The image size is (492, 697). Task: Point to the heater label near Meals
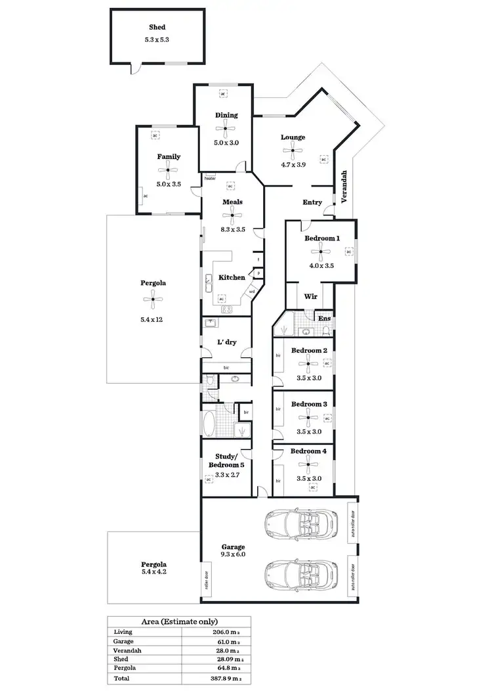click(210, 178)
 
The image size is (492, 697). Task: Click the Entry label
click(312, 202)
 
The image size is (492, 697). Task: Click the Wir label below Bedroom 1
click(312, 297)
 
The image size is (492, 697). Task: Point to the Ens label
click(324, 319)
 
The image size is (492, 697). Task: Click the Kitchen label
click(232, 278)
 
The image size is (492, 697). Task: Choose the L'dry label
click(226, 342)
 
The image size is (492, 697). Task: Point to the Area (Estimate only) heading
click(179, 621)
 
